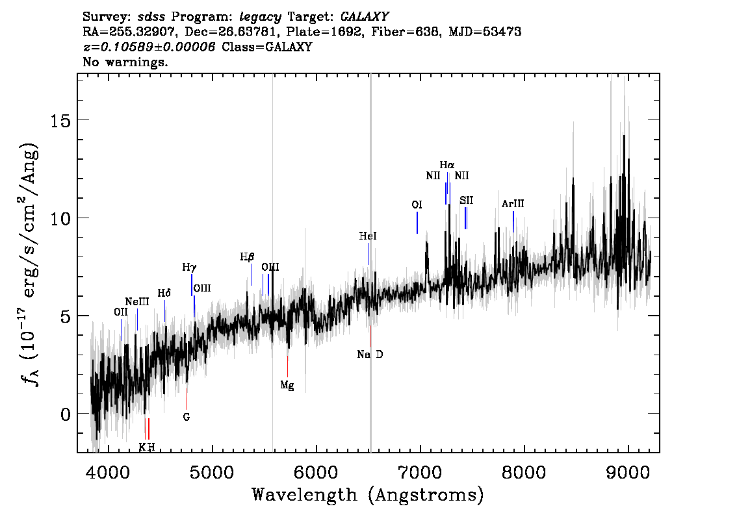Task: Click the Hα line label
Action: (x=447, y=165)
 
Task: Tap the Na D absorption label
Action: (x=370, y=354)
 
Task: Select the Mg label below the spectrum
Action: (x=287, y=386)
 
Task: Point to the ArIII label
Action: (x=513, y=204)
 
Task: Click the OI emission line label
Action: (x=417, y=205)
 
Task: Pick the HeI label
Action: (x=368, y=236)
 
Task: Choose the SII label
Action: (x=466, y=201)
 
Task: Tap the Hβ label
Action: (x=247, y=257)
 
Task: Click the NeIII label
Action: (x=137, y=301)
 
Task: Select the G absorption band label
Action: (x=187, y=416)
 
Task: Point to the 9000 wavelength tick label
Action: (x=627, y=472)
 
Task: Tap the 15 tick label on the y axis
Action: (x=60, y=121)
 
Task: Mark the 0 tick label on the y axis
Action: (x=66, y=415)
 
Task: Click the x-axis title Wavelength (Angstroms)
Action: (x=368, y=495)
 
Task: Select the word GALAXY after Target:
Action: (x=364, y=17)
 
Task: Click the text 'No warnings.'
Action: (x=125, y=62)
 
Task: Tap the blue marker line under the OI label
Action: (x=417, y=223)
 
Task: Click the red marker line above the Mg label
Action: (x=288, y=366)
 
